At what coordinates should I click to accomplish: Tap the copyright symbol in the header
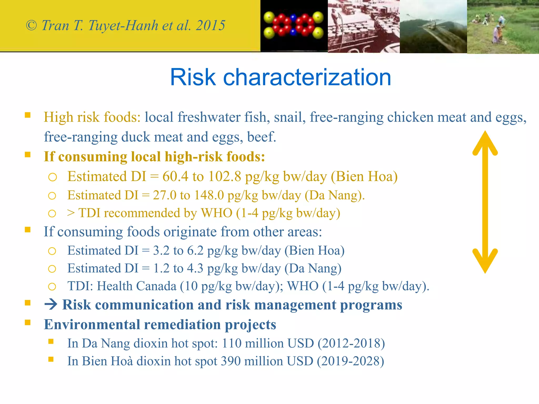point(31,26)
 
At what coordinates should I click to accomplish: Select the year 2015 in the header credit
point(211,26)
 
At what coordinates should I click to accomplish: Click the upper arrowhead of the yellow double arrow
point(485,142)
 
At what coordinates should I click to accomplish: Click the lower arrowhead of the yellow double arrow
point(485,262)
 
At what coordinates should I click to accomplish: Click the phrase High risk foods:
point(92,117)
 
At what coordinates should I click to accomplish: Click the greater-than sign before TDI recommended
point(71,213)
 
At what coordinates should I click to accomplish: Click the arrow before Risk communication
point(51,305)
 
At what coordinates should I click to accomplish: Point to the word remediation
point(182,324)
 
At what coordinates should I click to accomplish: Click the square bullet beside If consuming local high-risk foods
point(28,154)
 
